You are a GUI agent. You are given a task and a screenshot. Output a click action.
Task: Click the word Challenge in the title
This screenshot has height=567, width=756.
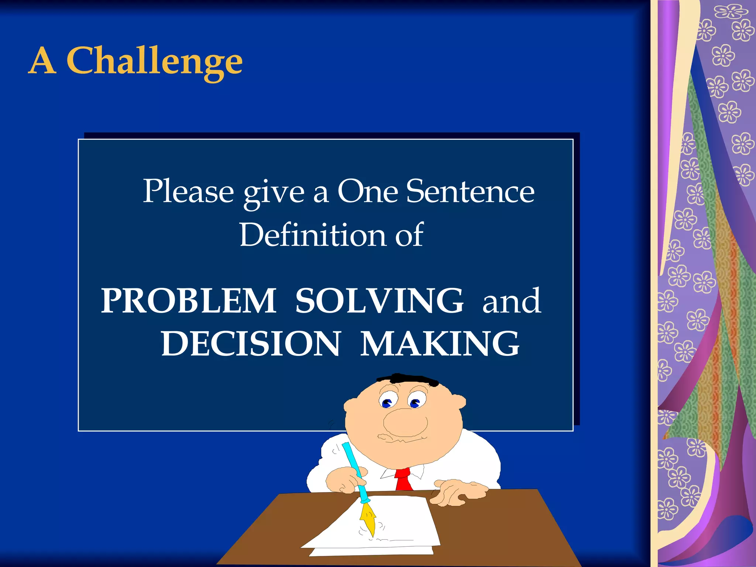click(x=154, y=61)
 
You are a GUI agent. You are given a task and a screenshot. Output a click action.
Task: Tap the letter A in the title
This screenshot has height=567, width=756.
click(x=42, y=61)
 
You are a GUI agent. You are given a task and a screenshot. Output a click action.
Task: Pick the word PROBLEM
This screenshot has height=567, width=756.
click(x=189, y=301)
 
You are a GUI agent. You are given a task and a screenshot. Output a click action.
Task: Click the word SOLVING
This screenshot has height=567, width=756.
click(x=379, y=301)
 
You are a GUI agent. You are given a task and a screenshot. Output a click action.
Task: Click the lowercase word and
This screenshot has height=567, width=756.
click(x=512, y=301)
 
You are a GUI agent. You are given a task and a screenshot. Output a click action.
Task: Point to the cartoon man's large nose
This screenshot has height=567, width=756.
click(x=405, y=423)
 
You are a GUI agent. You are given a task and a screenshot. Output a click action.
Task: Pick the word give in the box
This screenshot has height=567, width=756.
click(x=274, y=192)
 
